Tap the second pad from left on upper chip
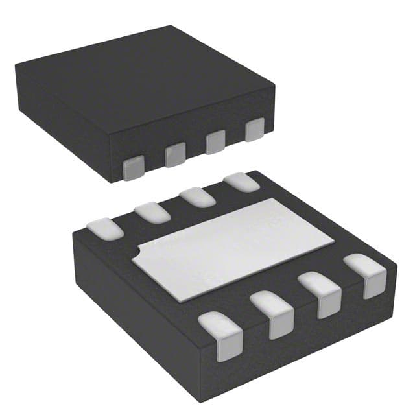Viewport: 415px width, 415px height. point(175,155)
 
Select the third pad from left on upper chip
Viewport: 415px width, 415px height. point(215,142)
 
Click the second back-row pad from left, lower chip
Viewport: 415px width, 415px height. point(152,212)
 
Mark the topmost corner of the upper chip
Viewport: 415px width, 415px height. point(171,26)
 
